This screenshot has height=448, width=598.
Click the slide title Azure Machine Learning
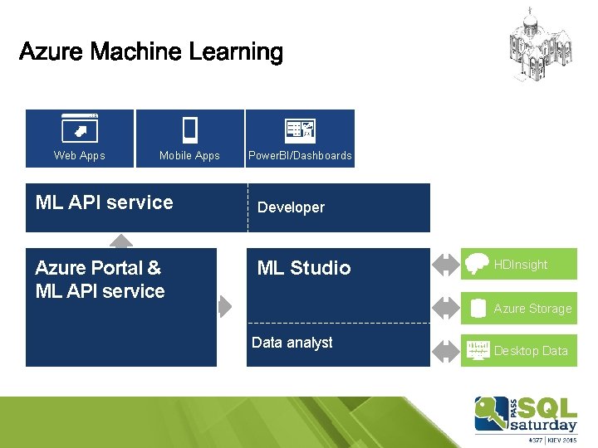coord(150,52)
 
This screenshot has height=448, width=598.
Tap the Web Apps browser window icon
coord(80,129)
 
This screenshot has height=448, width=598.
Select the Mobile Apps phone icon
coord(189,129)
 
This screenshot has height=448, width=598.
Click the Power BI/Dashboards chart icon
coord(299,129)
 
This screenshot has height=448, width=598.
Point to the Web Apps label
coord(80,155)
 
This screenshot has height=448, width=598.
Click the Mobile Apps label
coord(189,155)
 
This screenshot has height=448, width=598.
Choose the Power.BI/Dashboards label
coord(300,155)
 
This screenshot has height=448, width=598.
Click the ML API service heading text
coord(105,202)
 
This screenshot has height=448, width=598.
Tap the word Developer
coord(291,207)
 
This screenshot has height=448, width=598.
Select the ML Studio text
coord(304,268)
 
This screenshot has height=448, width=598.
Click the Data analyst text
coord(292,343)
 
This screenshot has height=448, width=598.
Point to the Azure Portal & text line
coord(98,268)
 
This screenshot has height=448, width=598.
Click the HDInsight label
coord(521,265)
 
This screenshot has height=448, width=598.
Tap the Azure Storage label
coord(532,309)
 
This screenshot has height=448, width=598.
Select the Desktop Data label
coord(531,351)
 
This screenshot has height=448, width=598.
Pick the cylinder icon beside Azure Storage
coord(478,309)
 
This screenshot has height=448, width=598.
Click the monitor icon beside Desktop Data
coord(478,350)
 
